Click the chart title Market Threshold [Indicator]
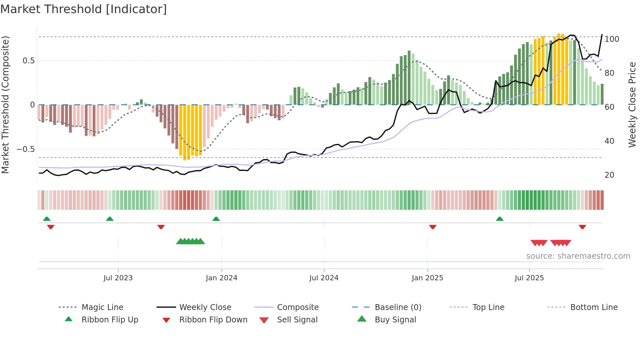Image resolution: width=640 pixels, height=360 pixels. pos(84,9)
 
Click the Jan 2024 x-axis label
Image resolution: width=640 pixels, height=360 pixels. pos(221,278)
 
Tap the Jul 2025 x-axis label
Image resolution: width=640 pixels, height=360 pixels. pos(529,278)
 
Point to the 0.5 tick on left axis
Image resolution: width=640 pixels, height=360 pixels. pos(29,61)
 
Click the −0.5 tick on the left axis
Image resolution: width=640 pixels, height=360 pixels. pos(26,149)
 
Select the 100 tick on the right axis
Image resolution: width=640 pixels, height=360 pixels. pos(612,39)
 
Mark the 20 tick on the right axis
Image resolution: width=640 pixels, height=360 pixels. pos(609,175)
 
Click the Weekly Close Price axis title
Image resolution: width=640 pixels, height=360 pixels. pos(632,105)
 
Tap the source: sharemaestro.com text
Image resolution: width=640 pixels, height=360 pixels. pos(578,256)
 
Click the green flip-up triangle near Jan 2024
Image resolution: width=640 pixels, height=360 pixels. pos(216,219)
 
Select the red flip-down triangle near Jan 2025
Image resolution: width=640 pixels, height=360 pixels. pos(433,227)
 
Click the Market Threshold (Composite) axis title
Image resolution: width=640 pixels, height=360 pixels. pos(5,105)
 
